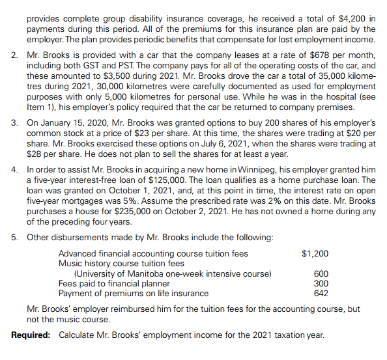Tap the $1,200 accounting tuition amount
point(316,254)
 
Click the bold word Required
point(31,335)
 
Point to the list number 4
point(14,170)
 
